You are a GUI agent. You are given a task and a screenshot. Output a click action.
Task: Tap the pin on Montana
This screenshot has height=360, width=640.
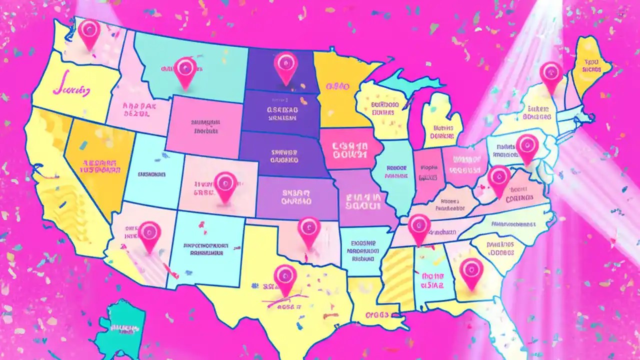[185, 70]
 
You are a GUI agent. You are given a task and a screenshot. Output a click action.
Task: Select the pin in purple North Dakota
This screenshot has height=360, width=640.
[286, 65]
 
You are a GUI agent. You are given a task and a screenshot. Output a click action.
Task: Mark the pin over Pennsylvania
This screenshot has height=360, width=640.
[527, 146]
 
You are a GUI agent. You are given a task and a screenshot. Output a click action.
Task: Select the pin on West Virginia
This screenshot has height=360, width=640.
[498, 178]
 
